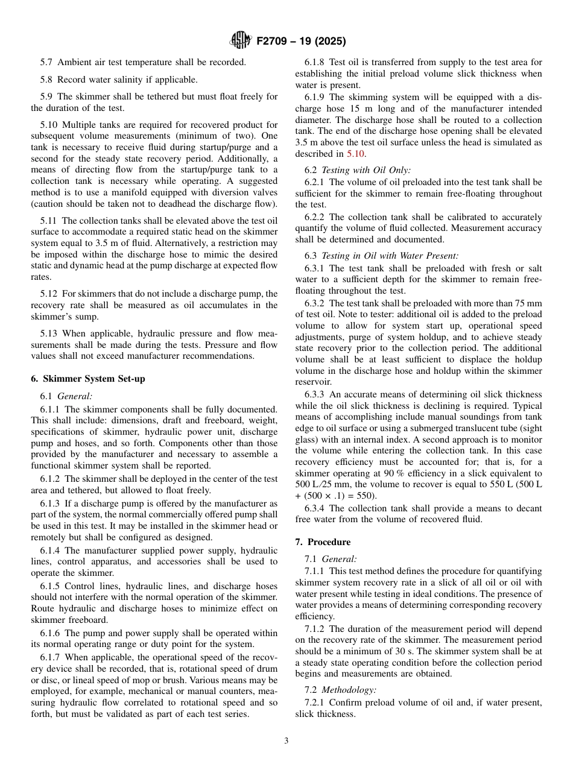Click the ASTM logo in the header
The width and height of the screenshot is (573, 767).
pos(241,41)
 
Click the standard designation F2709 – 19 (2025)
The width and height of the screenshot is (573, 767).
pos(301,42)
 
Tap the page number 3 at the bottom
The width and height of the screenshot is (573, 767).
pos(286,741)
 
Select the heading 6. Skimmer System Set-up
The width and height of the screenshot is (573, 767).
pos(88,379)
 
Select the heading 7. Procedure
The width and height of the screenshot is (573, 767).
pos(323,541)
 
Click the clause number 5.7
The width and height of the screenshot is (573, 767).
pos(47,62)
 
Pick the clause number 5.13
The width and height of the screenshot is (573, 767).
pos(49,333)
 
